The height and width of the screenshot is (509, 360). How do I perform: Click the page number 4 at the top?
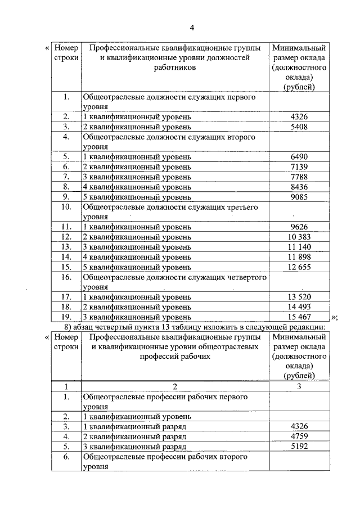pos(192,28)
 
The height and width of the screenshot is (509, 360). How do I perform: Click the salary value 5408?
pos(299,127)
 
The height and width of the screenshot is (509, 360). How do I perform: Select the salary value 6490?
pos(299,156)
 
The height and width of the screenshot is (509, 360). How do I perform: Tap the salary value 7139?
pos(299,166)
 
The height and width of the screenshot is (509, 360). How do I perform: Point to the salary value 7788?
pos(299,177)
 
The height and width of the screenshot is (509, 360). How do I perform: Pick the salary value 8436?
pos(299,187)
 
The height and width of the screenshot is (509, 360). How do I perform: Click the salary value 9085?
pos(299,197)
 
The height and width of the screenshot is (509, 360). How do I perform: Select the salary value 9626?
pos(299,227)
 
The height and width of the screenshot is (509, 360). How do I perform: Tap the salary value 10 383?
pos(299,237)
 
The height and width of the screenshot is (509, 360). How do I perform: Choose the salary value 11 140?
pos(299,247)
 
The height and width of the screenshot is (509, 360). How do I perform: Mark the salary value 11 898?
pos(299,257)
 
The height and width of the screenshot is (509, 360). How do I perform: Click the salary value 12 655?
pos(299,267)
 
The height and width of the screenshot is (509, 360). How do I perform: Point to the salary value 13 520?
pos(299,297)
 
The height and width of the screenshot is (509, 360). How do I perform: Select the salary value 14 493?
pos(299,307)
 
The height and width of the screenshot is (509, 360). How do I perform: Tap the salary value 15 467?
pos(299,317)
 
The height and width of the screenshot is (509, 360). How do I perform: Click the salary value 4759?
pos(299,436)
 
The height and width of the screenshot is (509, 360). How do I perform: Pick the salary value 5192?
pos(299,447)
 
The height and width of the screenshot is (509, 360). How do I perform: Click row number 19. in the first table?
pos(66,317)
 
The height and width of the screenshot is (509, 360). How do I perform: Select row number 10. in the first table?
pos(66,207)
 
